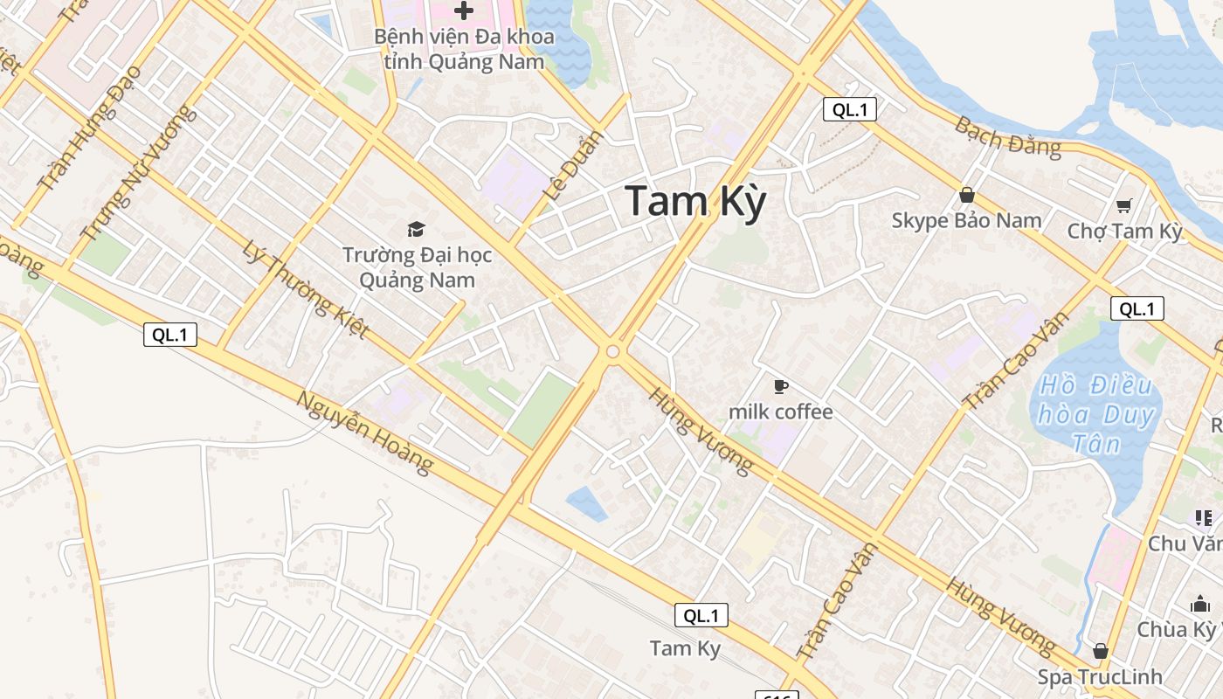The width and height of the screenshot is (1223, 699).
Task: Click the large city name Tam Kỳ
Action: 695,202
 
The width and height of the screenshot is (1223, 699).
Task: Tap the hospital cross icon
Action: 464,10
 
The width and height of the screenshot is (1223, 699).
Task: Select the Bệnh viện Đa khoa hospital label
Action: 464,50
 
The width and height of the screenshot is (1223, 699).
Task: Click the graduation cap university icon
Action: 417,229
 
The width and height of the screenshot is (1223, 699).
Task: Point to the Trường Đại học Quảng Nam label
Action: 417,267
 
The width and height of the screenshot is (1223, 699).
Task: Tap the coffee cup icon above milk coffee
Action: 781,386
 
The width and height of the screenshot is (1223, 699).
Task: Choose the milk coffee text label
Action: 781,412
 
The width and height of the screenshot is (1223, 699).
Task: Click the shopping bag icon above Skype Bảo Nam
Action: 966,195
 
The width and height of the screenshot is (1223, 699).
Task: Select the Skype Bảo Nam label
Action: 966,220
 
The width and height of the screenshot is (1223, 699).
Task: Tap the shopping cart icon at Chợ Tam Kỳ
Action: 1124,206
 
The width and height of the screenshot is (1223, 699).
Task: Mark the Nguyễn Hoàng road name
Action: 364,433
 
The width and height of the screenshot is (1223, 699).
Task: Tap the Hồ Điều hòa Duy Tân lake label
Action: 1097,414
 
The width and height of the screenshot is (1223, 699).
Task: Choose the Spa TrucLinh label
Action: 1100,677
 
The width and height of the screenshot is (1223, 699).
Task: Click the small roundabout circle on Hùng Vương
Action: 612,351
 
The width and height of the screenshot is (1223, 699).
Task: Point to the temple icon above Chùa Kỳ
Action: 1199,604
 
